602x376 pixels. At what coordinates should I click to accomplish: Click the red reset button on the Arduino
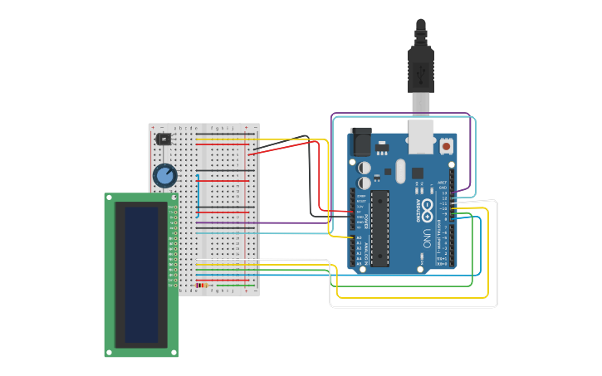coord(446,146)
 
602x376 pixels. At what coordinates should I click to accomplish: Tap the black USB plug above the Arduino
coord(421,71)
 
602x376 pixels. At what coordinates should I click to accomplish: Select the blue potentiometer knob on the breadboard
coord(164,175)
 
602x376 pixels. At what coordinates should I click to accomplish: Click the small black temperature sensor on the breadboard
coord(164,139)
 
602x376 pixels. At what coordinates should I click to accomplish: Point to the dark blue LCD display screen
coord(141,275)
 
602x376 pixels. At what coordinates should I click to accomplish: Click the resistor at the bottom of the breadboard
coord(203,286)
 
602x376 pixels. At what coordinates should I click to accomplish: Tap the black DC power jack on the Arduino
coord(361,142)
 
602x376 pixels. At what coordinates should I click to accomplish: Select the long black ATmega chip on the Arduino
coord(379,228)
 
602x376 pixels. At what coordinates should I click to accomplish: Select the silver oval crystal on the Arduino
coord(399,171)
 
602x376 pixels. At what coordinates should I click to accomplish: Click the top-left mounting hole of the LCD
coord(109,198)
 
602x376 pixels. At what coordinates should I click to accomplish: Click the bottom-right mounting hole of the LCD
coord(174,352)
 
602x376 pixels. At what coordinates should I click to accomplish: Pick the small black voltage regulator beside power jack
coord(381,149)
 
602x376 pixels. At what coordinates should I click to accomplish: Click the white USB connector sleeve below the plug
coord(421,104)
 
